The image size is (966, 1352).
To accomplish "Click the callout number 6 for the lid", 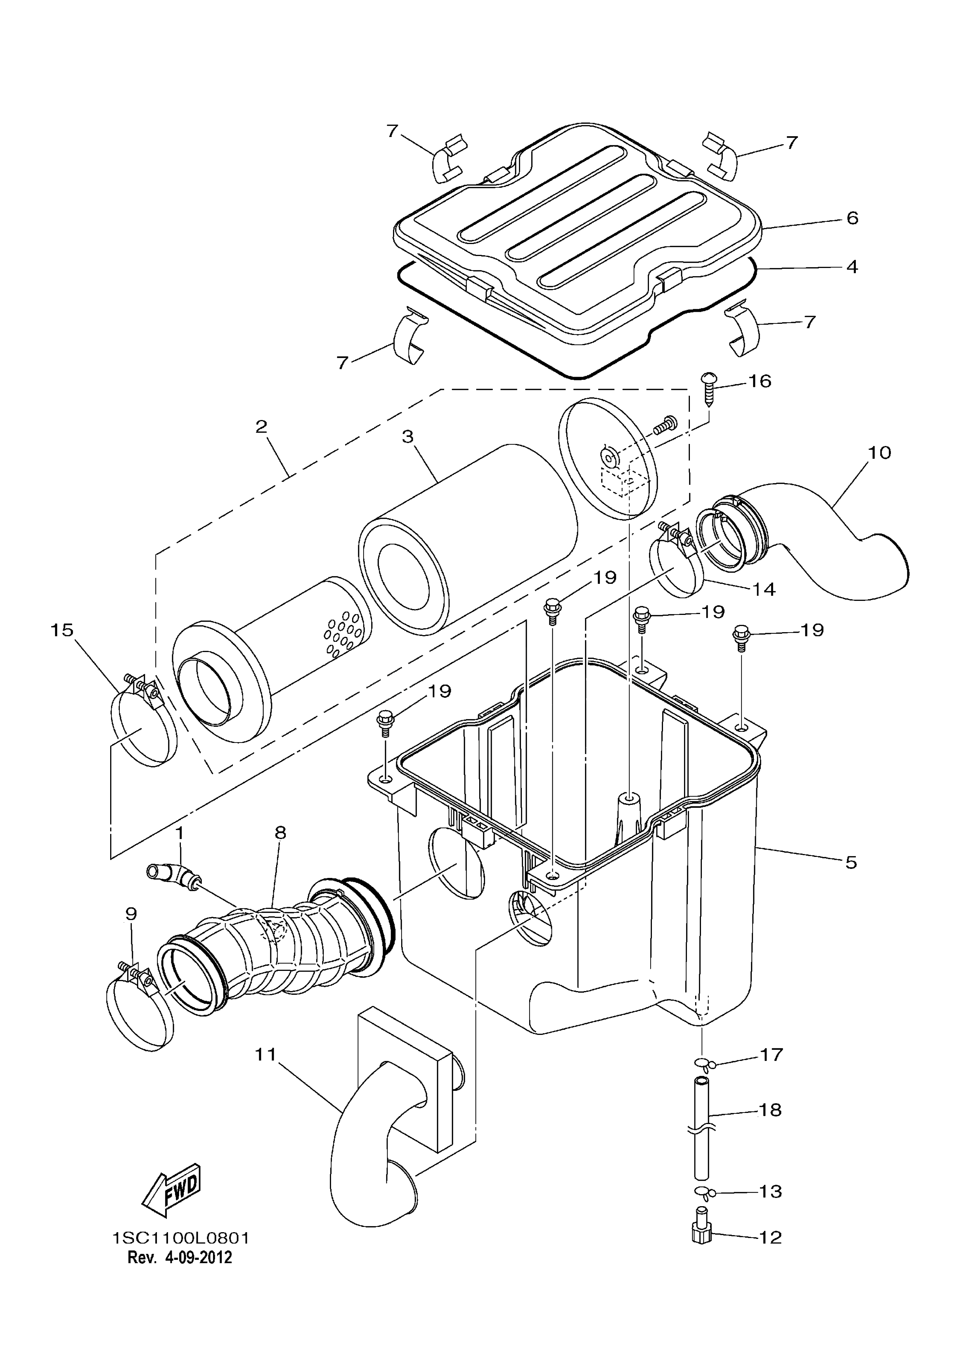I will [x=852, y=218].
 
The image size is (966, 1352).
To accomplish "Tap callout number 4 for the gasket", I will [x=852, y=267].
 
